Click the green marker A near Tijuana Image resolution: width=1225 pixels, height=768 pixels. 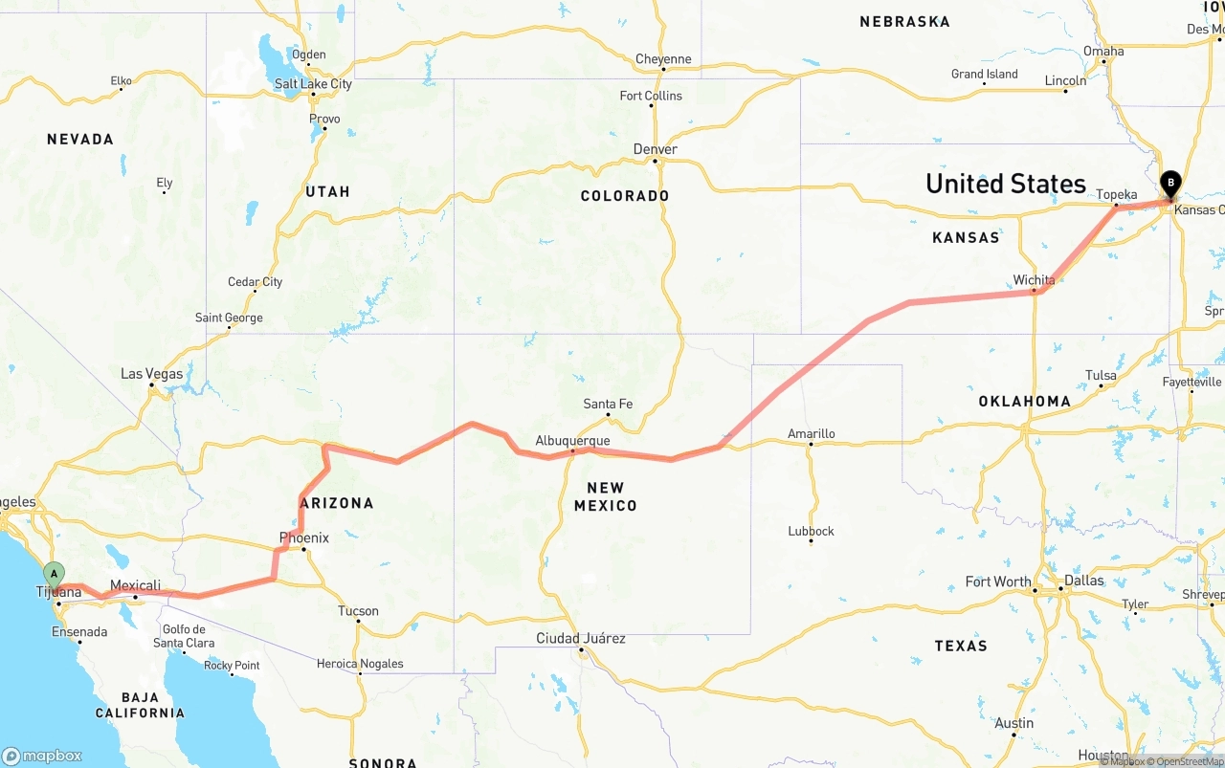[x=54, y=575]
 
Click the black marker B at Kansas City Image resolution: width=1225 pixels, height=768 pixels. [x=1169, y=183]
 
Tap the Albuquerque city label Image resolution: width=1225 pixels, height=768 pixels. [x=572, y=441]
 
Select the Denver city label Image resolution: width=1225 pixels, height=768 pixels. [x=656, y=149]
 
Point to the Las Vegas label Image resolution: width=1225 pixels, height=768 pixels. [x=151, y=374]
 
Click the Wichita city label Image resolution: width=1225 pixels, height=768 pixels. [x=1034, y=280]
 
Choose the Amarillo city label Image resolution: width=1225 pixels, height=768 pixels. [x=811, y=433]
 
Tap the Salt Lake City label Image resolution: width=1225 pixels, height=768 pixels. [x=313, y=84]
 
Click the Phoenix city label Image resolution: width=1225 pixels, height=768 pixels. [x=303, y=538]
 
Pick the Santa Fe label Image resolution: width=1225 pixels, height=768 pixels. [x=608, y=404]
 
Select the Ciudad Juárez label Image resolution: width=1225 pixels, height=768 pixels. [x=581, y=638]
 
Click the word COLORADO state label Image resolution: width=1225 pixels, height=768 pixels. [x=625, y=196]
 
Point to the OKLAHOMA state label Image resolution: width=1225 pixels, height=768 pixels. [x=1024, y=402]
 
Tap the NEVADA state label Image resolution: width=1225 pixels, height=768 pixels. [x=80, y=140]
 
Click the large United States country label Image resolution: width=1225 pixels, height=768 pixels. [x=1005, y=184]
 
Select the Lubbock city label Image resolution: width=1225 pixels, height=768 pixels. [x=811, y=531]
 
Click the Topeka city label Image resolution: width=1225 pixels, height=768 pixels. [x=1116, y=195]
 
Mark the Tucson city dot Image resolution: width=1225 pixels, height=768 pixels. [x=358, y=622]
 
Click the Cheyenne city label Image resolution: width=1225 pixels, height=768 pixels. [x=663, y=59]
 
